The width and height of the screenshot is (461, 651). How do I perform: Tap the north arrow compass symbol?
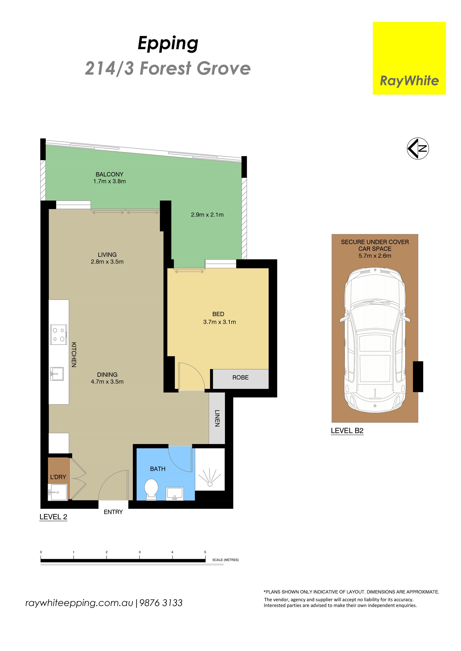click(418, 148)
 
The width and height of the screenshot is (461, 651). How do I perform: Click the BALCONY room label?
click(109, 174)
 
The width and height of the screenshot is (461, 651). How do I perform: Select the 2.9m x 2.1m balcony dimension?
click(207, 215)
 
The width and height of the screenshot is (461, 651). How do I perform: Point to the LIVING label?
click(107, 255)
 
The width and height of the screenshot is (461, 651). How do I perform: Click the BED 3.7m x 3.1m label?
click(219, 318)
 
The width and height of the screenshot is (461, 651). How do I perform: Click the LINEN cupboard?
click(217, 418)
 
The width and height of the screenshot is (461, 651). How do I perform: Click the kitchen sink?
click(57, 374)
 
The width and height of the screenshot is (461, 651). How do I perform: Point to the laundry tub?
click(57, 492)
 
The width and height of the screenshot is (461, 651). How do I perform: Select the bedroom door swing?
click(191, 376)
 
